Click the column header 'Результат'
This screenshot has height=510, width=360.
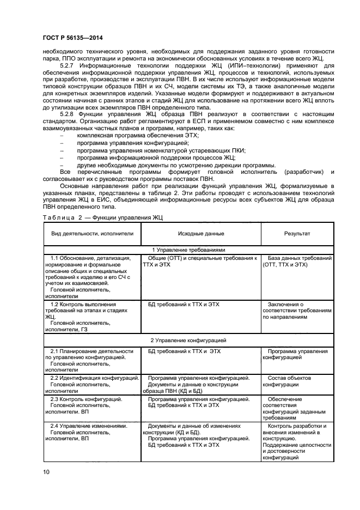297,234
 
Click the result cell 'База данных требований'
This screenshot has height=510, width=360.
297,261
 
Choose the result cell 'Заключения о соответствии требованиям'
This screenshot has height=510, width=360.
297,310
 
